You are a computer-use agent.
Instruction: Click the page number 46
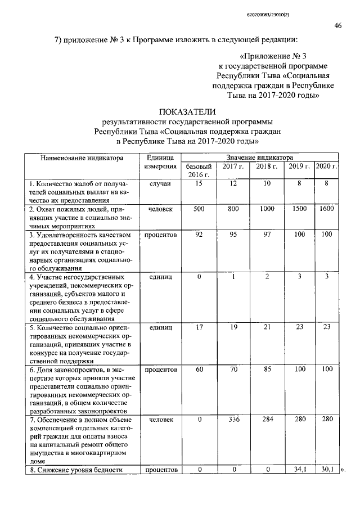pos(337,25)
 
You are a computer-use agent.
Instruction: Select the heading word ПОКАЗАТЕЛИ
pos(191,116)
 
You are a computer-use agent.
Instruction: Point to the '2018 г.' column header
pos(267,167)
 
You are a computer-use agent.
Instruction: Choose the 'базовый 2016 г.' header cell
pos(199,171)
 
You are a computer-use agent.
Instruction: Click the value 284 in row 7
pos(267,420)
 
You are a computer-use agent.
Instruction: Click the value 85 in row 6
pos(267,370)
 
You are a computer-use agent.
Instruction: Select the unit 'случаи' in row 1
pos(160,183)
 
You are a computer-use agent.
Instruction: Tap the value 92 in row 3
pos(199,234)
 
